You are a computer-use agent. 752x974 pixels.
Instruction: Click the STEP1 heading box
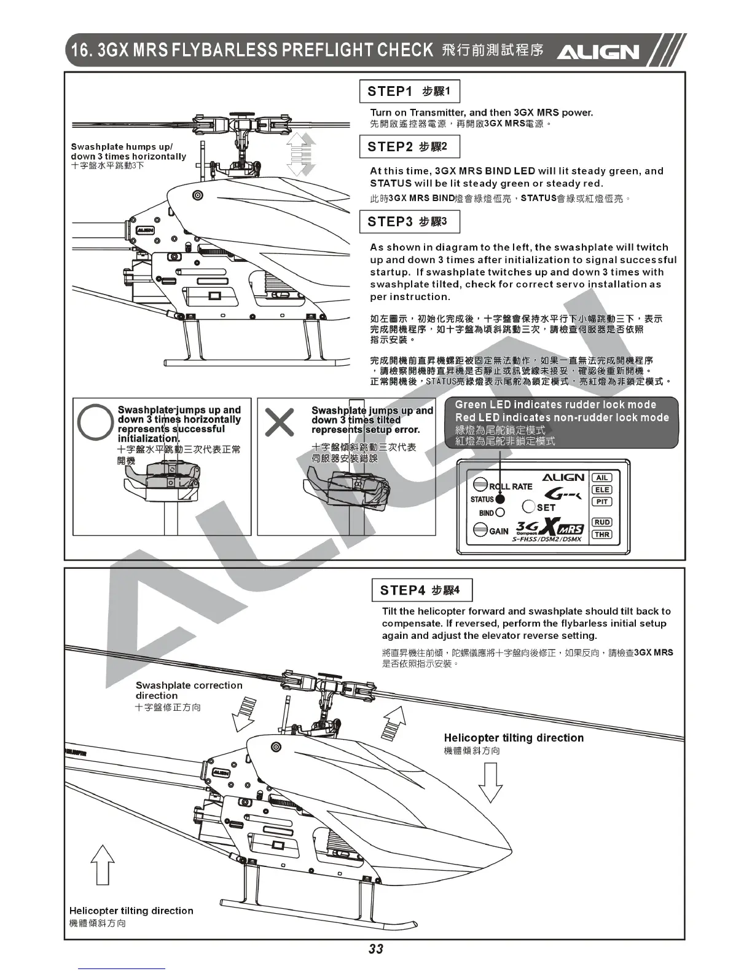click(x=409, y=92)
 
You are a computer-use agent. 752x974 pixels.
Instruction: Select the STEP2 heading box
click(x=409, y=147)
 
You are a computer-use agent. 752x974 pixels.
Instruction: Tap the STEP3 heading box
click(x=409, y=222)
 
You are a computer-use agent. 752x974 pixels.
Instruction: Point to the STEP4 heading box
click(x=422, y=590)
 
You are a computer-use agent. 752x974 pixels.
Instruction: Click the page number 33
click(x=376, y=949)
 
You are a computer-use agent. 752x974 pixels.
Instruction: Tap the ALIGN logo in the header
click(x=597, y=52)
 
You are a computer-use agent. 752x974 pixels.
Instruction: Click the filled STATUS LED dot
click(x=500, y=499)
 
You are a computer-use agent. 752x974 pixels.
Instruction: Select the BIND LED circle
click(x=500, y=512)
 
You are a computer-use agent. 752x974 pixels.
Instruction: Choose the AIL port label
click(x=601, y=478)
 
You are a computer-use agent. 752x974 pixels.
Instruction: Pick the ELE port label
click(x=601, y=489)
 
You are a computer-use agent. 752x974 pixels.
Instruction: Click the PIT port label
click(x=601, y=502)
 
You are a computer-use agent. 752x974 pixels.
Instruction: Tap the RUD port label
click(x=601, y=522)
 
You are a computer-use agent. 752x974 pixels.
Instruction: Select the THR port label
click(x=601, y=534)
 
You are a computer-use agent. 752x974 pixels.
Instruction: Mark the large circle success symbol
click(x=95, y=422)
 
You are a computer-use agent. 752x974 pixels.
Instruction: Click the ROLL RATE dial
click(x=481, y=486)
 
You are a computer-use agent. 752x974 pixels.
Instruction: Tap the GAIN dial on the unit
click(x=480, y=530)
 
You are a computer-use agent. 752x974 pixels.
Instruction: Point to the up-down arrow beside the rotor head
click(x=301, y=154)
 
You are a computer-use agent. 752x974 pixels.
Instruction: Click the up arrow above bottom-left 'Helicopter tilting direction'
click(x=103, y=865)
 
